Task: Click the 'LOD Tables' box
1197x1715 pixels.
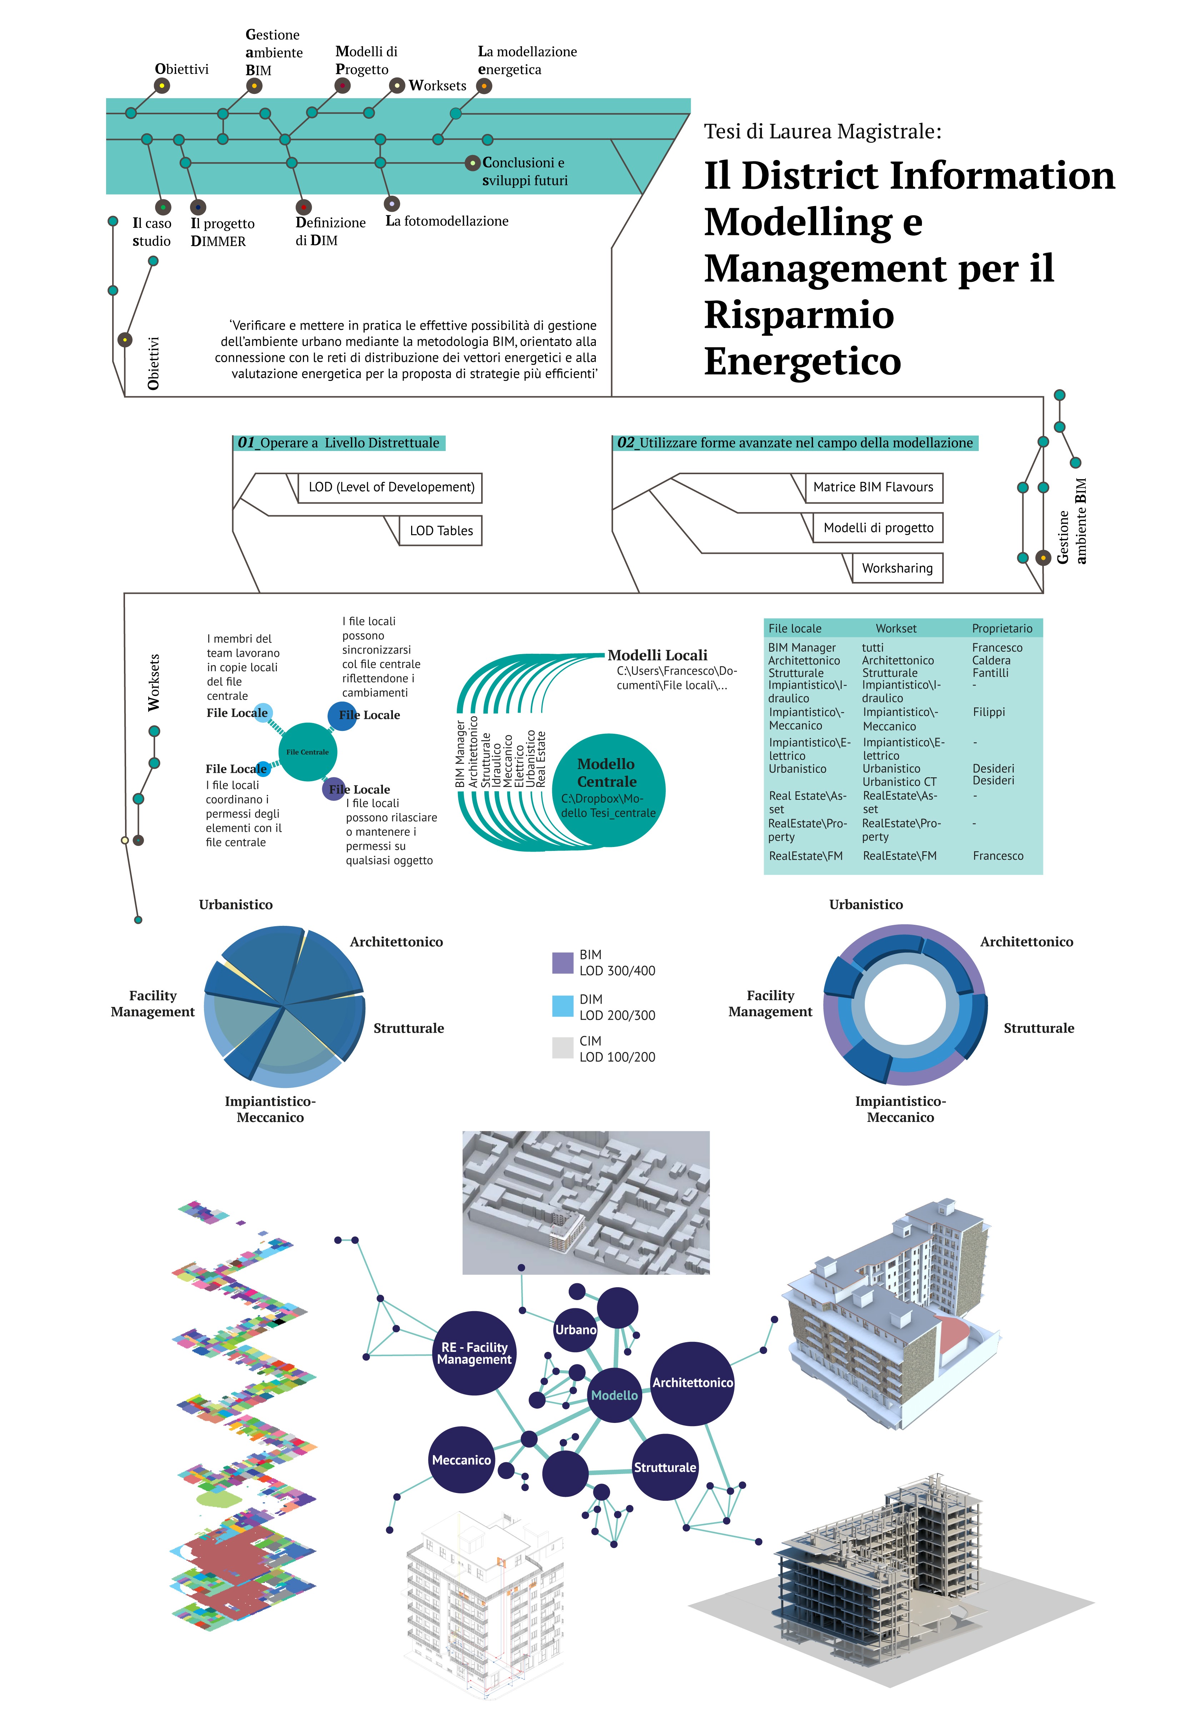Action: [441, 530]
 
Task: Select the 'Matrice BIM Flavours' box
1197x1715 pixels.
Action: [873, 487]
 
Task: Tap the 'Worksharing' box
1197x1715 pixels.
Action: [897, 568]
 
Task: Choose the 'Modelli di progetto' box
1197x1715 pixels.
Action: [878, 527]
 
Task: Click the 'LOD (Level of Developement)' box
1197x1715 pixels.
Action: [391, 487]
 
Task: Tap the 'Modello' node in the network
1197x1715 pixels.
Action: [614, 1395]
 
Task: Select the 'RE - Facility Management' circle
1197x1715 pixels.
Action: [474, 1353]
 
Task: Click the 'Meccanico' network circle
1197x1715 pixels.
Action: [462, 1460]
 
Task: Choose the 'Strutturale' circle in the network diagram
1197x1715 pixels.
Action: [665, 1467]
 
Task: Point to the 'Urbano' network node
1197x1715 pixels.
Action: [575, 1330]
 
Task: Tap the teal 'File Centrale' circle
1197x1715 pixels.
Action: [307, 752]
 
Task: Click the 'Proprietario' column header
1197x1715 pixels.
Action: [1002, 628]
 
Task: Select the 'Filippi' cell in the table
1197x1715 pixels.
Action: [988, 712]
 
